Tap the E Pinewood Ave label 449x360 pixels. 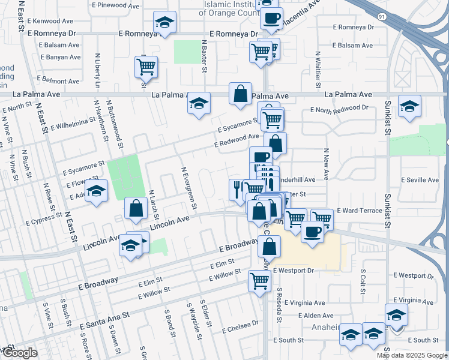coord(118,5)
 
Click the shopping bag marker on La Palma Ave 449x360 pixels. coord(240,94)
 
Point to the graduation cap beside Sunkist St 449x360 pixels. coord(410,106)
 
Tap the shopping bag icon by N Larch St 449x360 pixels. coord(136,209)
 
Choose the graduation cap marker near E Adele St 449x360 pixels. coord(95,192)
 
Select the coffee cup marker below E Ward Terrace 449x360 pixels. coord(312,231)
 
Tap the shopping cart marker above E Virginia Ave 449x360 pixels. coord(259,280)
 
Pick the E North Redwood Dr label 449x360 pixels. coord(339,108)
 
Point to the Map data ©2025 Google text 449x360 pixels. coord(412,355)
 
